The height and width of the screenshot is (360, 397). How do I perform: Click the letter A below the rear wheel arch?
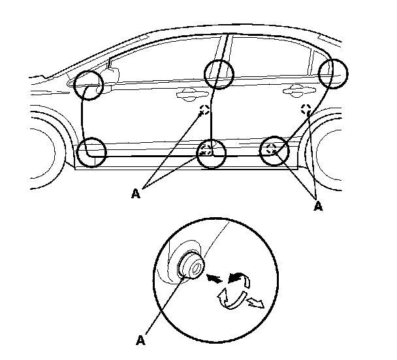coord(318,206)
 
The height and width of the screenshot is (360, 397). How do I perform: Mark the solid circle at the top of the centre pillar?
coord(219,74)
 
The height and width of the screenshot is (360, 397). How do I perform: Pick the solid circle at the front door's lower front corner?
coord(91,152)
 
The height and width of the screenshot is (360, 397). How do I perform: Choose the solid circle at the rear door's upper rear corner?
coord(334,73)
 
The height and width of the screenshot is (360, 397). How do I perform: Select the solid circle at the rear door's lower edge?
coord(274,151)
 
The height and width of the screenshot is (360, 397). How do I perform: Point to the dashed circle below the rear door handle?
coord(306,109)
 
